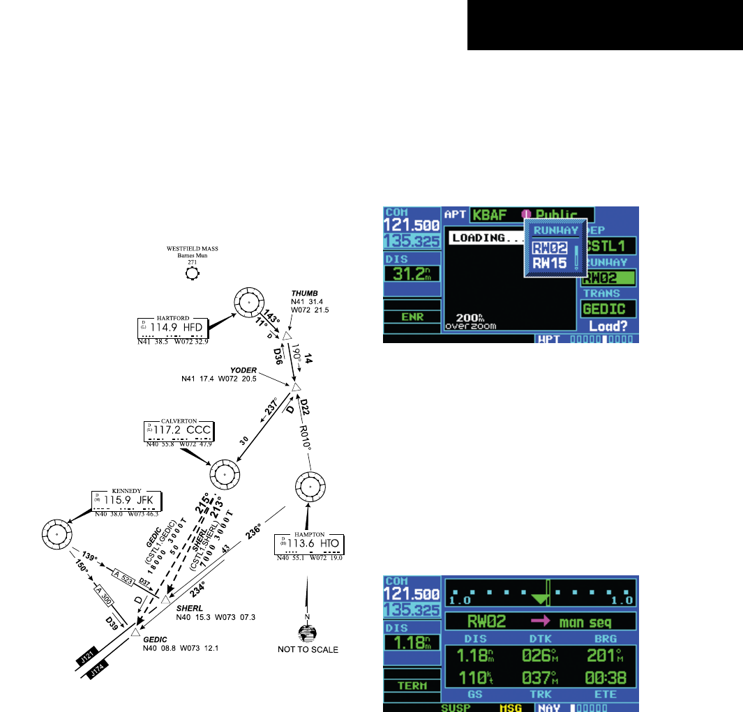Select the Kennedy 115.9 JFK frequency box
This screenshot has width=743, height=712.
coord(126,503)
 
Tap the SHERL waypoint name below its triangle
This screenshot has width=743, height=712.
coord(188,607)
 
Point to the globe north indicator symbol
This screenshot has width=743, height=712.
coord(306,633)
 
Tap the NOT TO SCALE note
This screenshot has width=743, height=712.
coord(306,650)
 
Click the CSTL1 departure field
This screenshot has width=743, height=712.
coord(610,246)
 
